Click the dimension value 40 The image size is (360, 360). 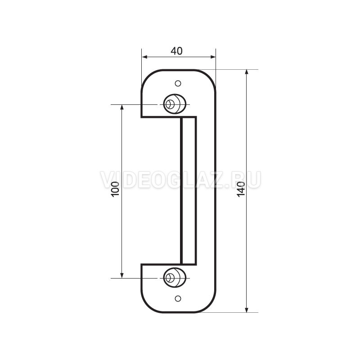(176, 51)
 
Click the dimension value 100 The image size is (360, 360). (115, 189)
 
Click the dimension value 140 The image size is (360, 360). (241, 189)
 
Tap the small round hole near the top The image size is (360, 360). (178, 83)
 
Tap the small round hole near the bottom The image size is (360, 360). (178, 298)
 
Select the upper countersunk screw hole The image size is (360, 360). (175, 104)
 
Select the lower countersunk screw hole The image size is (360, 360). (175, 278)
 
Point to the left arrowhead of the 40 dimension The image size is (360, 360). (144, 57)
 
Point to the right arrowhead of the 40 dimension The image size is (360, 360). (213, 57)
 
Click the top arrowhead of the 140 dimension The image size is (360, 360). (247, 72)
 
